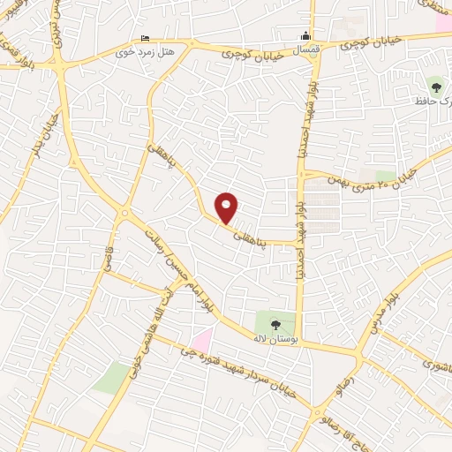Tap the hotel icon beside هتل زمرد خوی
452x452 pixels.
pos(146,39)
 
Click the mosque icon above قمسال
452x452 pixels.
pos(305,35)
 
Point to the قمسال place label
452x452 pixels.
pos(305,50)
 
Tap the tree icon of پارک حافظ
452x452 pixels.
pos(435,87)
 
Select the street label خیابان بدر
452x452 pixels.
pos(40,137)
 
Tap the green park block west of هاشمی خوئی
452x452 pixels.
pos(110,378)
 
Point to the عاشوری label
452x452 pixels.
pos(434,363)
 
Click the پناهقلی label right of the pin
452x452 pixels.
pos(251,234)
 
